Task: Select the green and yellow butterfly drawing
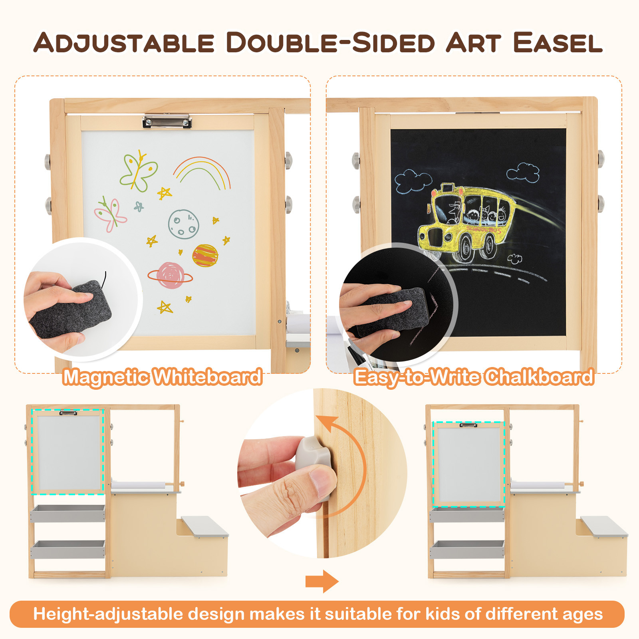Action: point(139,171)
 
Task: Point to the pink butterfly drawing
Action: point(110,214)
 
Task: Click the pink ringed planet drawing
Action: point(171,275)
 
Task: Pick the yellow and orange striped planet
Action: point(205,256)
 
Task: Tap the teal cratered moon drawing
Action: point(183,224)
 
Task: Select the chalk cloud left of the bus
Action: point(413,181)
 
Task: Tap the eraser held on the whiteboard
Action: point(72,310)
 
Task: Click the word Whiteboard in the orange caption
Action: point(208,377)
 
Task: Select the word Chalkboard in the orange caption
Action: point(540,377)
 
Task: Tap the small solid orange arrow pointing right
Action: point(321,581)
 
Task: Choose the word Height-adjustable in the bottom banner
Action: point(108,614)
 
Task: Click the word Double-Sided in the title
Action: point(330,43)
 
